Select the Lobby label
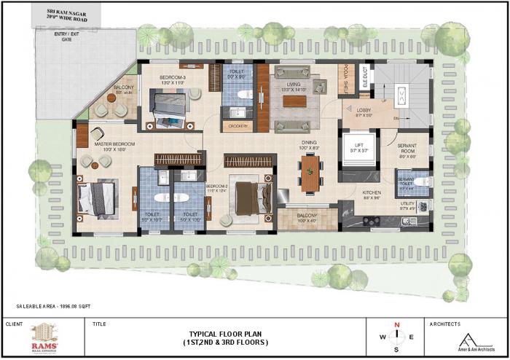[362, 111]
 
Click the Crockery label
[238, 125]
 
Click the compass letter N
[396, 325]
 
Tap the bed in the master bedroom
[96, 196]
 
